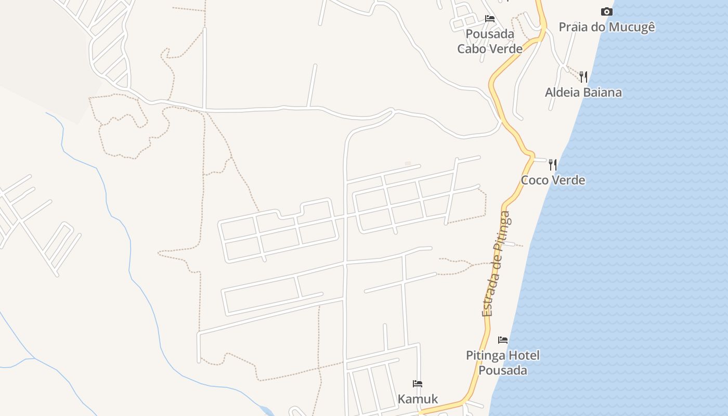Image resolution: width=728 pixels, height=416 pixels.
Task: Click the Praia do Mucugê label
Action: (x=607, y=27)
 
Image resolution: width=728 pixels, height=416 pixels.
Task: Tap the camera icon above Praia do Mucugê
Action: (x=606, y=11)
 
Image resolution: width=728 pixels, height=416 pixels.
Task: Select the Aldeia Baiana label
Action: (x=583, y=93)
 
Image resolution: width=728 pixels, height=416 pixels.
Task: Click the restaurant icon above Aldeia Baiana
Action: (x=583, y=77)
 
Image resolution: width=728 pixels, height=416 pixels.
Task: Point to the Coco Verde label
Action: (x=553, y=180)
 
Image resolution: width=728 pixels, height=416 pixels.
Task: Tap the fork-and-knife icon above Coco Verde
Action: (x=553, y=165)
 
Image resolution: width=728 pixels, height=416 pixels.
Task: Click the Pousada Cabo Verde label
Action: (x=490, y=42)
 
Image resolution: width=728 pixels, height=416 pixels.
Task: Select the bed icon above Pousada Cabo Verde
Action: (x=490, y=19)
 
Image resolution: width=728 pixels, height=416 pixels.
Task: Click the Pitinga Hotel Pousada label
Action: (x=503, y=363)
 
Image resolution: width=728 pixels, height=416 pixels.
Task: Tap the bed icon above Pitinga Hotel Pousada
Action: (x=503, y=340)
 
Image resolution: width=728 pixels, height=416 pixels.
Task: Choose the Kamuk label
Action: (x=418, y=399)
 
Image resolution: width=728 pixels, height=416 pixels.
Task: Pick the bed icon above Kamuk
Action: (x=418, y=384)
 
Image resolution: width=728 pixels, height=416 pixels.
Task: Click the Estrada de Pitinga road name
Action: (x=496, y=264)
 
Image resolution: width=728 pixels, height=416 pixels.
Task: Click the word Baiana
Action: (x=603, y=93)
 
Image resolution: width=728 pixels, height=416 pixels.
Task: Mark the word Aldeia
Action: (x=562, y=93)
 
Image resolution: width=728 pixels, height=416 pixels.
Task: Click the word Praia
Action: (x=573, y=27)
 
